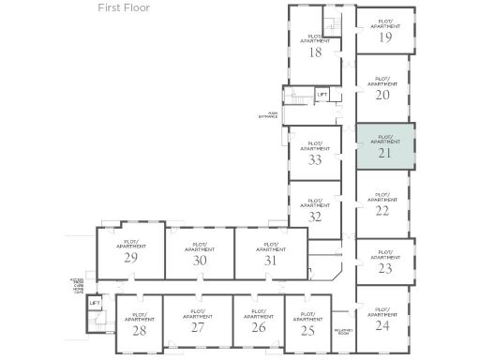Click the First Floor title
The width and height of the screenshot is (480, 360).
point(123,7)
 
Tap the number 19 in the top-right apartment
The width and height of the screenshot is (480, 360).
point(384,37)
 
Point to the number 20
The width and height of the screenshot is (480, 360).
point(382,95)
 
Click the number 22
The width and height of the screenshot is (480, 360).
point(382,211)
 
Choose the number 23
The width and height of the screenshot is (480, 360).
point(384,268)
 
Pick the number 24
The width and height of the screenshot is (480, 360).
point(382,326)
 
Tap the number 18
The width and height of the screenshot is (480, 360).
point(315,52)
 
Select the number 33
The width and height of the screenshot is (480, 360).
point(316,159)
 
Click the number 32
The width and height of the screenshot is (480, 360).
point(316,217)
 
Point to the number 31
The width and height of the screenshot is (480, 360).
point(270,261)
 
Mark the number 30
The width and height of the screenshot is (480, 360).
point(199,261)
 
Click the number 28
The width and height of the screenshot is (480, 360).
point(139,329)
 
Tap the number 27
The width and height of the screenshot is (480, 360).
point(198,327)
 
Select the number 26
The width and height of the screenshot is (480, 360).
point(258,327)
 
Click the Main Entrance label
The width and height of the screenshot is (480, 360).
point(268,115)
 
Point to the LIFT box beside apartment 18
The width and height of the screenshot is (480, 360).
point(322,95)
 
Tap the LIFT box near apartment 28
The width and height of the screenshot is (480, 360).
point(95,304)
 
